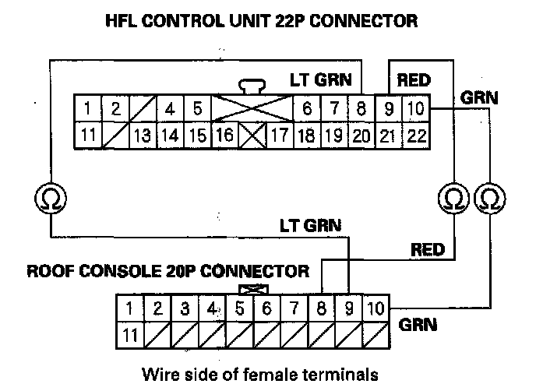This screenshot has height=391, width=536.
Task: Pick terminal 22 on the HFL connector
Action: (415, 135)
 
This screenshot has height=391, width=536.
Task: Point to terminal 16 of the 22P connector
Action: (224, 135)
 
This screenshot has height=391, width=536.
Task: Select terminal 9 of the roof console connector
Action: (348, 308)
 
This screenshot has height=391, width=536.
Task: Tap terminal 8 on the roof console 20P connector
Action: (322, 308)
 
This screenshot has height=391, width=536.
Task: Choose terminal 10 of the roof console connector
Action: (376, 308)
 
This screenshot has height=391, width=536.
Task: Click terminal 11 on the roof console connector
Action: (131, 335)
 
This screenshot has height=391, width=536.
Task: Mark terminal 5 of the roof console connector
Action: (240, 308)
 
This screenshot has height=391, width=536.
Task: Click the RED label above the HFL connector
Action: (414, 79)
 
